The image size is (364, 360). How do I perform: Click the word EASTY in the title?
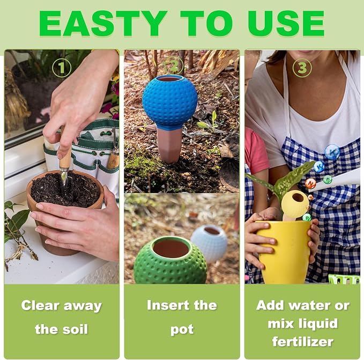click(103, 23)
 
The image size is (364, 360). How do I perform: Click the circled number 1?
click(61, 68)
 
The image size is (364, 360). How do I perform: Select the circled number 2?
click(174, 67)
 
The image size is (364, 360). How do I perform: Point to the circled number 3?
click(302, 68)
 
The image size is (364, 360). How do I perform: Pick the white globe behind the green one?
click(210, 242)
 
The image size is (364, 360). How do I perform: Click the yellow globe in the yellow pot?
click(295, 204)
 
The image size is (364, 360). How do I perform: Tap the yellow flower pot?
click(284, 252)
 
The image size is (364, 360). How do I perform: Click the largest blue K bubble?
click(332, 152)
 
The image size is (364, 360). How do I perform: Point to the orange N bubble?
click(310, 183)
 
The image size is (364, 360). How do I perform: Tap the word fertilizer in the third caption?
click(303, 341)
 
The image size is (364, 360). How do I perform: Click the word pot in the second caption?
click(182, 330)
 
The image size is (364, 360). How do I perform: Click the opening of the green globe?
click(171, 248)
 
